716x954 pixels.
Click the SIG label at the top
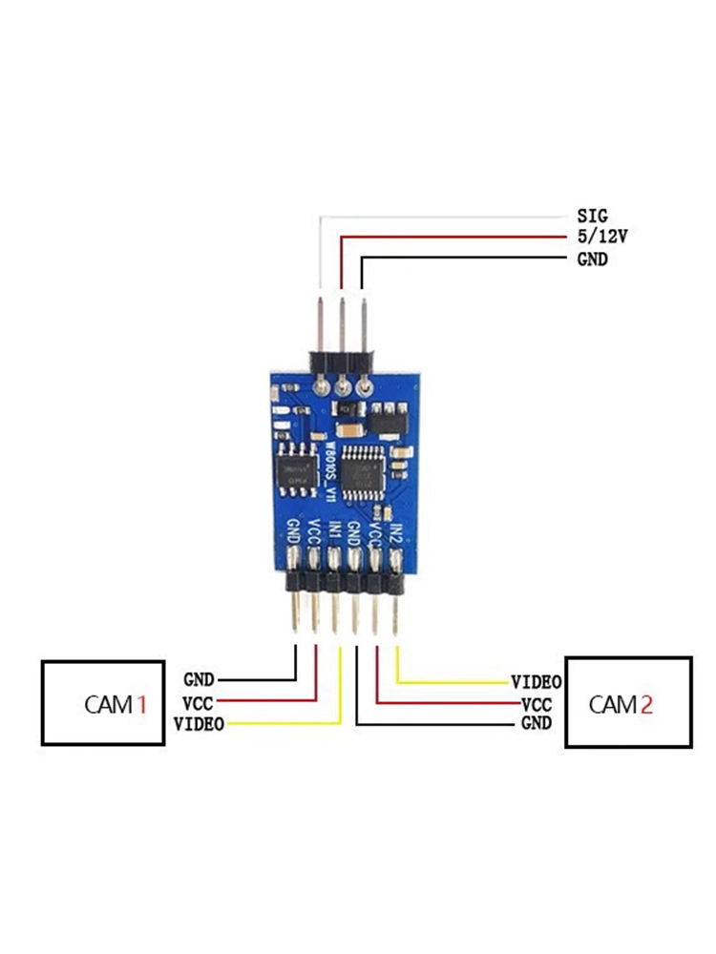pyautogui.click(x=592, y=217)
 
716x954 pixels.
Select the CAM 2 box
pyautogui.click(x=629, y=703)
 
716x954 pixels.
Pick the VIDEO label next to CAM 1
pyautogui.click(x=199, y=725)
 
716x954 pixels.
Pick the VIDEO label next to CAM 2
pyautogui.click(x=537, y=682)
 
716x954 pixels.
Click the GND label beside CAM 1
pyautogui.click(x=199, y=680)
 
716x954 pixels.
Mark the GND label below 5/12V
pyautogui.click(x=592, y=259)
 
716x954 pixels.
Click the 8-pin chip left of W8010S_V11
pyautogui.click(x=296, y=469)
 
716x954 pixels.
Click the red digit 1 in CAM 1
pyautogui.click(x=141, y=705)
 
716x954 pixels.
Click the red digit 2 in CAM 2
pyautogui.click(x=646, y=705)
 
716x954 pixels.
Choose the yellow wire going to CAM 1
pyautogui.click(x=286, y=725)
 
